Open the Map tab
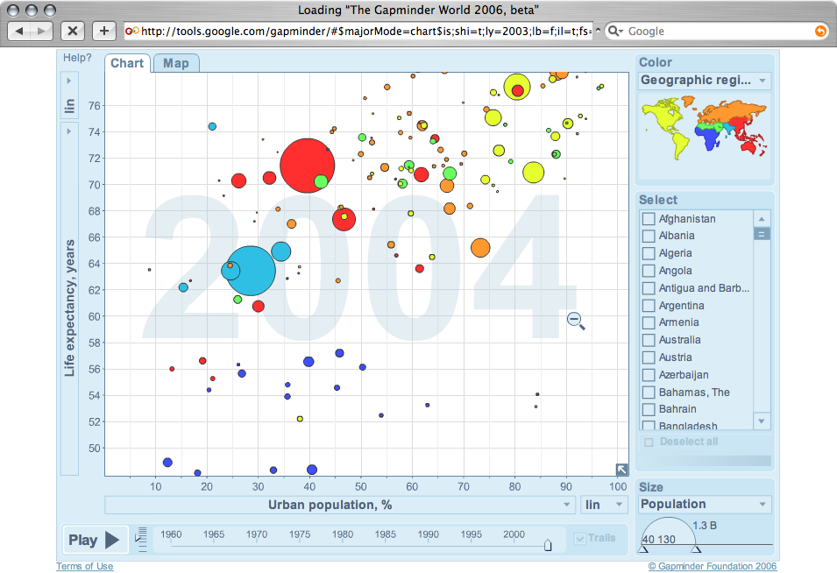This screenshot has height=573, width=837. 175,63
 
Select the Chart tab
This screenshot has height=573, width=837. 127,63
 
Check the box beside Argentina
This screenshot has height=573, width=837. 649,306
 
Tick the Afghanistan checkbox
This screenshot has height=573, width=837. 649,219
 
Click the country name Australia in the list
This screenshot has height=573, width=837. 679,340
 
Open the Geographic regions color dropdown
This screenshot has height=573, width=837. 704,81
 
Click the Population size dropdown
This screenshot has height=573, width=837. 704,504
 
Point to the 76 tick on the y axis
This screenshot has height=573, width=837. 95,106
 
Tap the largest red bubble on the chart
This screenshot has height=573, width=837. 306,165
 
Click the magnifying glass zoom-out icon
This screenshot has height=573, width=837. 575,321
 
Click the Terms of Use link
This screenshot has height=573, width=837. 85,566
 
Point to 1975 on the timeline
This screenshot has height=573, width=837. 300,534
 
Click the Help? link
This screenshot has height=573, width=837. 77,58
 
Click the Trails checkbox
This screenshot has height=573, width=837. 579,538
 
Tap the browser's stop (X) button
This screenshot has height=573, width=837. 73,31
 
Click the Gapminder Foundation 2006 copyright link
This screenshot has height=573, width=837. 712,566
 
